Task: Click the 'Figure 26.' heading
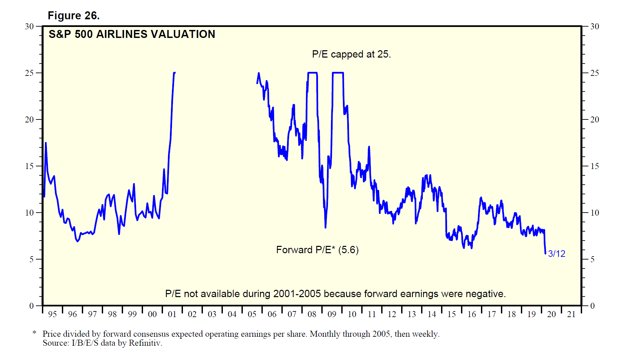pos(74,16)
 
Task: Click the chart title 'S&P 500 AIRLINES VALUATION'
pos(132,34)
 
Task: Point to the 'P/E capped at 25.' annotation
pos(351,54)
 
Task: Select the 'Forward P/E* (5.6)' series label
pos(317,250)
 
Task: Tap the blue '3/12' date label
pos(556,254)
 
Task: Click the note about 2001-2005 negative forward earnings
pos(335,294)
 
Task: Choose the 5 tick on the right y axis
pos(592,259)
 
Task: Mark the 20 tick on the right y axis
pos(594,119)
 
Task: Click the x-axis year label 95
pos(52,314)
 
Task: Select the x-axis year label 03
pos(212,314)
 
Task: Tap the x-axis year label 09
pos(332,314)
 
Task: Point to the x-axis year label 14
pos(431,314)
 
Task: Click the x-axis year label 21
pos(571,314)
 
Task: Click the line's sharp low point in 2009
pos(325,228)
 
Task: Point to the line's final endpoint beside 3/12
pos(546,254)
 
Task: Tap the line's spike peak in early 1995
pos(46,143)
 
